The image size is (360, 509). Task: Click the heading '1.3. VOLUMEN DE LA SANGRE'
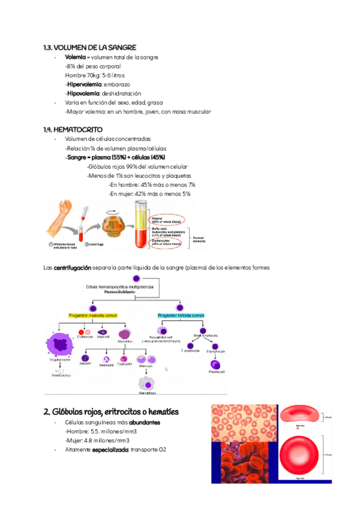point(90,47)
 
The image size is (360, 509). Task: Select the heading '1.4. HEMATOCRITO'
point(73,129)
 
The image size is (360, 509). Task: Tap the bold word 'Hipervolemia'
point(84,85)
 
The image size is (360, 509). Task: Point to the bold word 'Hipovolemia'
point(83,94)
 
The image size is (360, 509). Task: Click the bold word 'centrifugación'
point(72,267)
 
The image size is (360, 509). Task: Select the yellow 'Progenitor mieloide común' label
point(92,315)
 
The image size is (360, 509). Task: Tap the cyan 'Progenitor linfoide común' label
point(181,315)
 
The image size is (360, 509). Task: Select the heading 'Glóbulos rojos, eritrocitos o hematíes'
point(111,412)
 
